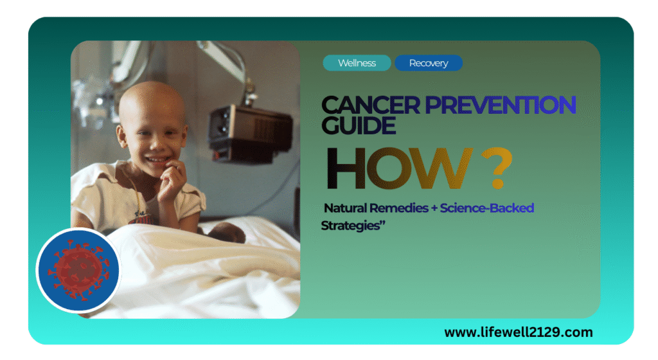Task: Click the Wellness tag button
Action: (x=357, y=63)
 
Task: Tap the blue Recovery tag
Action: (x=428, y=63)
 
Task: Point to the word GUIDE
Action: (x=359, y=126)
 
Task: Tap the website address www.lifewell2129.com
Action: (x=518, y=332)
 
